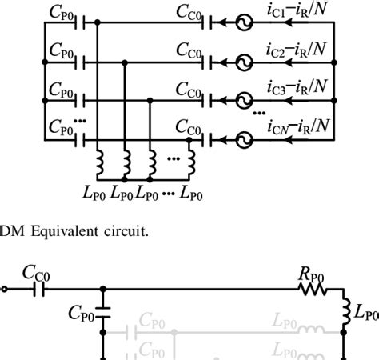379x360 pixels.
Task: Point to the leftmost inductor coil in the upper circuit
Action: coord(102,163)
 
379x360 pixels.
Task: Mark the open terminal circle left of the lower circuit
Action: coord(4,290)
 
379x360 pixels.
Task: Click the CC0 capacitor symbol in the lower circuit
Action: coord(36,290)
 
